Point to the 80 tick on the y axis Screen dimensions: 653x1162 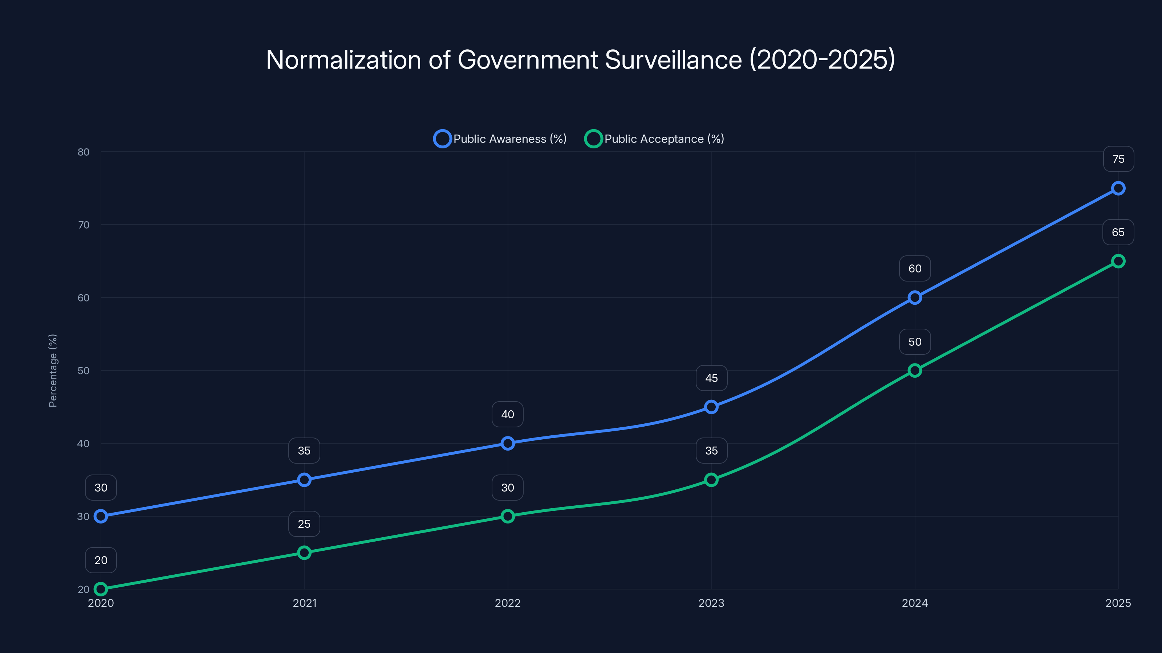[84, 152]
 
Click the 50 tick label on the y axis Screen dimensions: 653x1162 [84, 370]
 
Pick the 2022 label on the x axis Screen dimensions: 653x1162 [508, 603]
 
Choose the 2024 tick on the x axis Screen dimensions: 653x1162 [914, 603]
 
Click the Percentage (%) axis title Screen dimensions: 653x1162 [53, 370]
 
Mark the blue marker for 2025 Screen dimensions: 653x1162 [1118, 188]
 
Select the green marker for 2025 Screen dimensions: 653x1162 [1118, 261]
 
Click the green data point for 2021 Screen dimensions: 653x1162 [304, 553]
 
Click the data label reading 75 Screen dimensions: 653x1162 [1118, 159]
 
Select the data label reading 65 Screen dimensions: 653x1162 [1118, 232]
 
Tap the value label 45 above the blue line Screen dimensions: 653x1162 [711, 378]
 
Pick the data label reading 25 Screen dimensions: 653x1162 [304, 523]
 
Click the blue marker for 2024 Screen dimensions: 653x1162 [914, 297]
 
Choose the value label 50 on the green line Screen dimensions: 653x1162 [914, 342]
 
